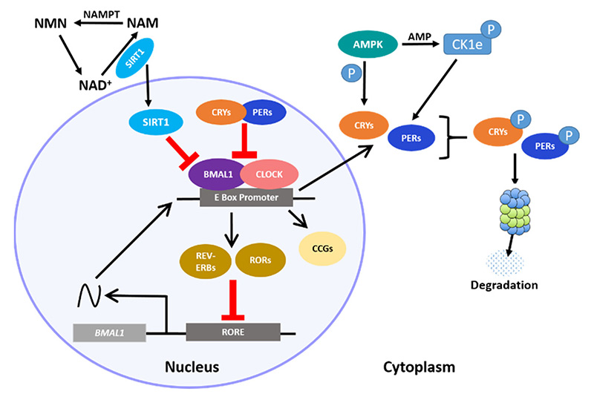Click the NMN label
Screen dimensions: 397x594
(x=50, y=26)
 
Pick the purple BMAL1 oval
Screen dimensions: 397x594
(x=216, y=176)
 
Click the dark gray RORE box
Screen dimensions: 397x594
(x=232, y=331)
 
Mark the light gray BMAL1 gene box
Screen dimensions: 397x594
(x=109, y=331)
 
